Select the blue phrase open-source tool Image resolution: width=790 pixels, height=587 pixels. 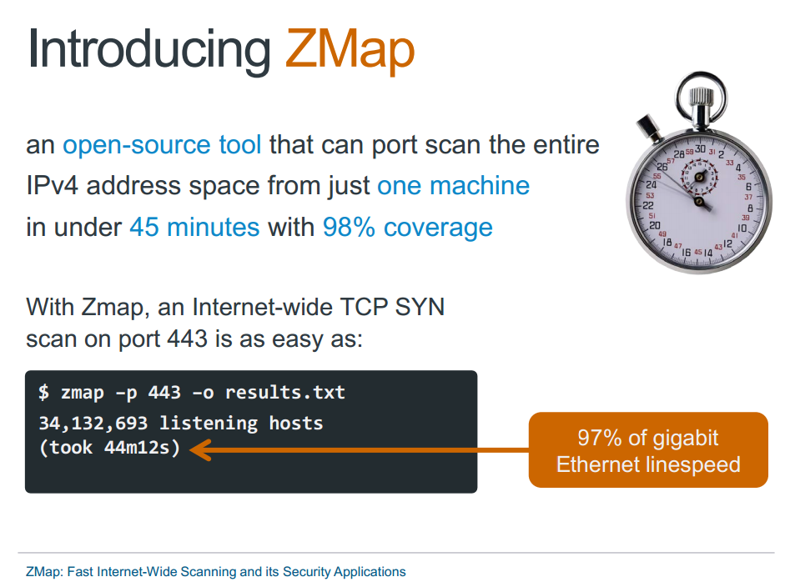point(162,145)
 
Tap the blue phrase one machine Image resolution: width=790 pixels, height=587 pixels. point(453,185)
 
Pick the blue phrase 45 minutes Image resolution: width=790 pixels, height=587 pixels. point(194,226)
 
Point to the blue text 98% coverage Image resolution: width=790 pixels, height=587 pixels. point(407,226)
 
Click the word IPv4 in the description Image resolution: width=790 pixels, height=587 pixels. point(53,185)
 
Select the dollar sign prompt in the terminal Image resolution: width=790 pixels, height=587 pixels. point(43,392)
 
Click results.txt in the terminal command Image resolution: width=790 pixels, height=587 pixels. point(284,392)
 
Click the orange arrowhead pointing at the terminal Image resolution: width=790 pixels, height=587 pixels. point(201,451)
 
